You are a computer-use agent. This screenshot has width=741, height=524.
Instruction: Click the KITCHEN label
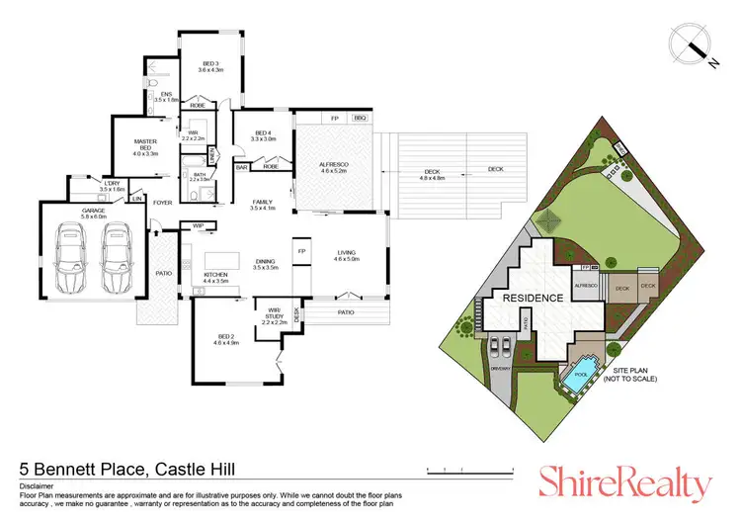[x=215, y=277]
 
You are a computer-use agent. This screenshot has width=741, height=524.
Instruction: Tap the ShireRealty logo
[x=624, y=483]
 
